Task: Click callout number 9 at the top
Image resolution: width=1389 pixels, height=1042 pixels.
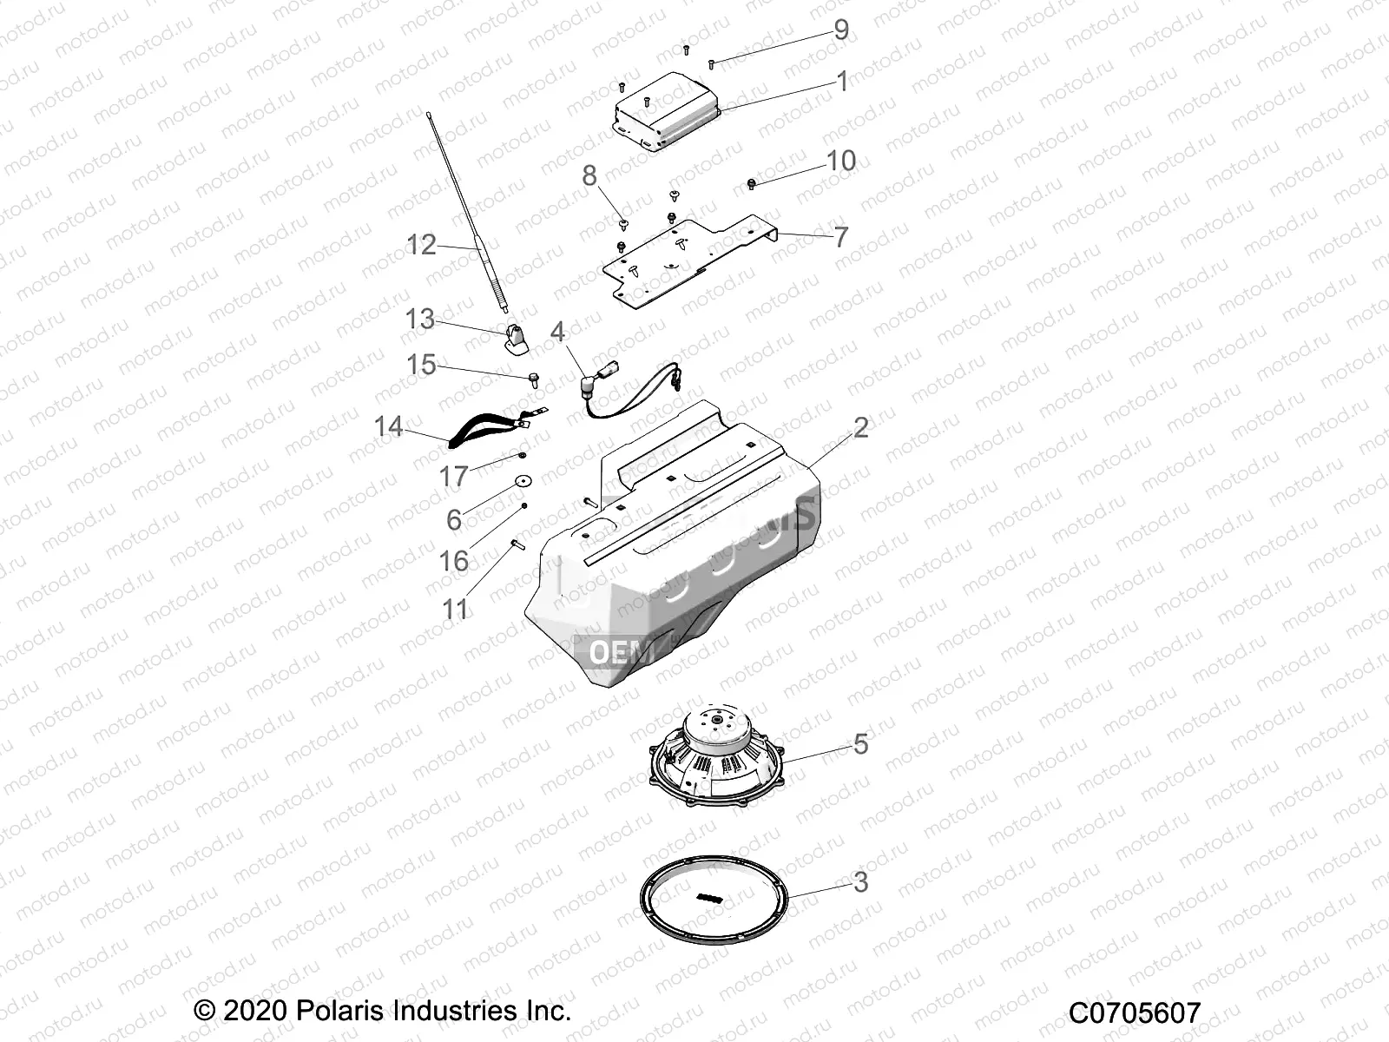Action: [x=840, y=30]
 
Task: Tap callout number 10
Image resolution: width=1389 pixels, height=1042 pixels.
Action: [x=840, y=161]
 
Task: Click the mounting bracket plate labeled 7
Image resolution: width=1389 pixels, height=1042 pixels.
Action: [x=686, y=260]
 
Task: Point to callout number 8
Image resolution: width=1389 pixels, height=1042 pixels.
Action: [x=589, y=176]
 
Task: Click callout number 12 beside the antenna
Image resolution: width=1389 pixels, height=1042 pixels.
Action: [x=421, y=245]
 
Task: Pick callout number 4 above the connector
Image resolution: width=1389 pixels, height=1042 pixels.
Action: [x=557, y=331]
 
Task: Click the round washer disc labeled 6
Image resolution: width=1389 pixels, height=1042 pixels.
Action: [x=523, y=480]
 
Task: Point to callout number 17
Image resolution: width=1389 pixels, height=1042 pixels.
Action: [x=453, y=476]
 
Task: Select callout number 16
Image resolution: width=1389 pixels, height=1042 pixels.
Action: [x=453, y=561]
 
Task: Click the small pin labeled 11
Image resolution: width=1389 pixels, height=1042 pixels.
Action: [x=515, y=544]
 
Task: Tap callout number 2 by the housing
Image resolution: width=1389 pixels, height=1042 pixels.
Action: [x=860, y=427]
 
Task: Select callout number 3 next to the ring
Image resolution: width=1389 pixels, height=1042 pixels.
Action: [x=860, y=882]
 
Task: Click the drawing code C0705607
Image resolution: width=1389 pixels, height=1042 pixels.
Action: [x=1135, y=1012]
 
